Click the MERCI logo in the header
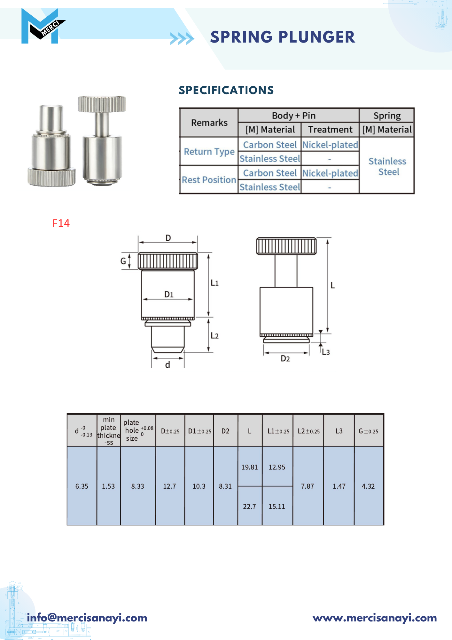coord(43,26)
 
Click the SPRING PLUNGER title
coord(283,37)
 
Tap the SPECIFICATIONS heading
coord(226,90)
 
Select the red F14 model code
coord(61,223)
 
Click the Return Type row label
coord(209,152)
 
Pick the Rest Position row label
coord(209,180)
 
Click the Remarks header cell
coord(209,123)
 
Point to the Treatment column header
coord(330,130)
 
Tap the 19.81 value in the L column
coord(249,467)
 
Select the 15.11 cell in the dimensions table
coord(277,507)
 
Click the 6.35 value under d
coord(82,486)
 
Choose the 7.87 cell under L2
coord(308,486)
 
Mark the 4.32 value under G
coord(368,486)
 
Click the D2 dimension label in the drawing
coord(285,359)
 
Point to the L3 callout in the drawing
coord(326,352)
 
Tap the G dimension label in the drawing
coord(123,261)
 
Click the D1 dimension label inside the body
coord(169,294)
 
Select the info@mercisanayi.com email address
coord(87,618)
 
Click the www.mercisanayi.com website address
coord(375,618)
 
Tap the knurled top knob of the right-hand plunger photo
coord(102,104)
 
